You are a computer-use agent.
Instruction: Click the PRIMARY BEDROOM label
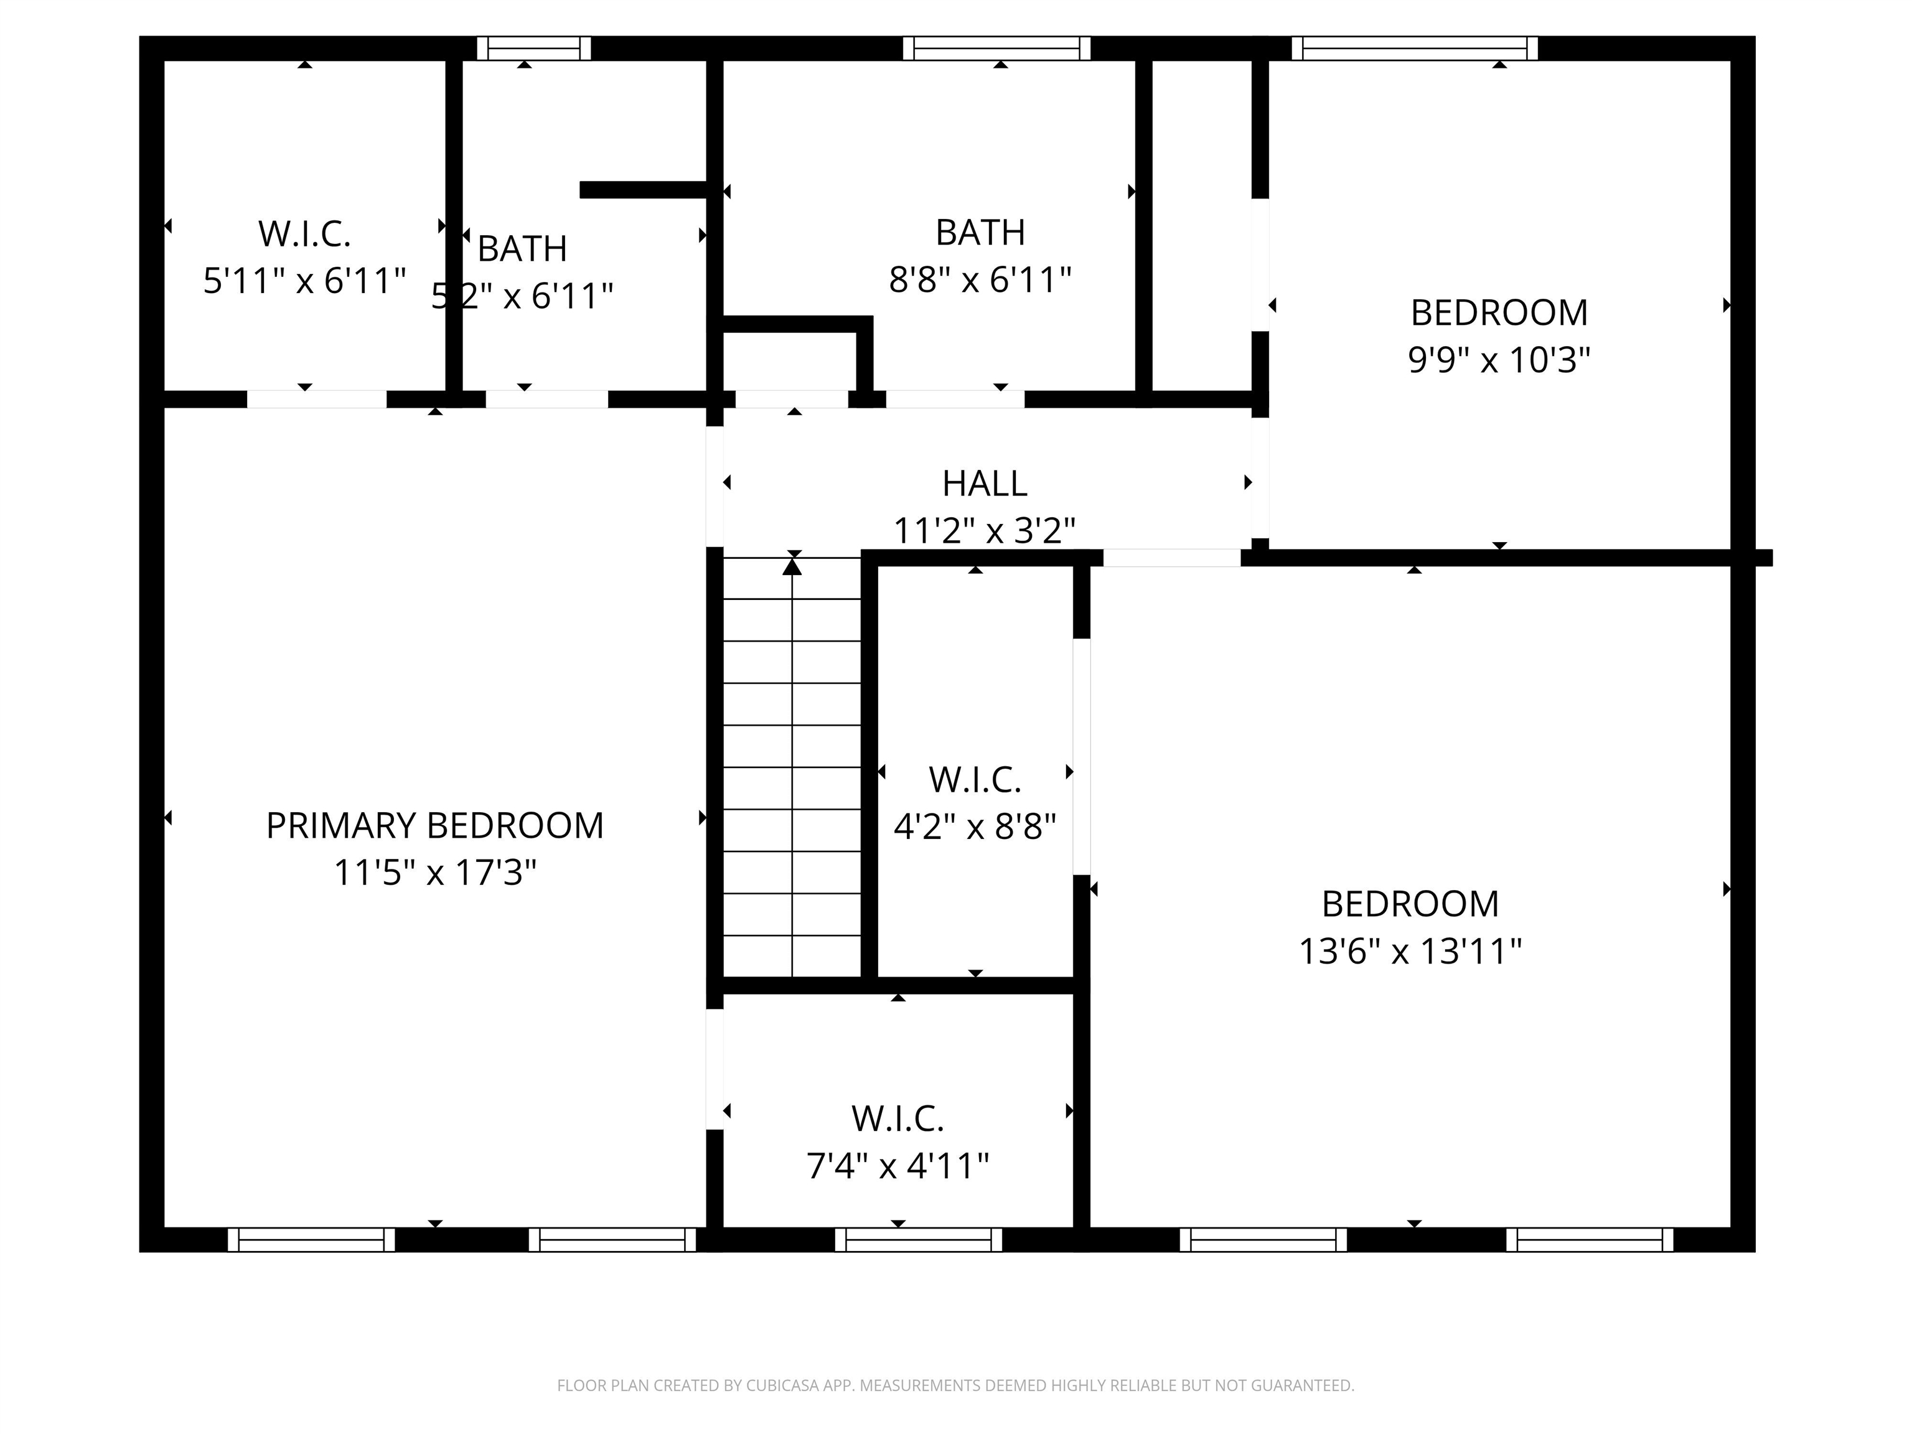(435, 825)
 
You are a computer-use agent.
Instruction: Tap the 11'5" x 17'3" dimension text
(435, 873)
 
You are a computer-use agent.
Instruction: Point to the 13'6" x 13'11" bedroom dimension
(1410, 952)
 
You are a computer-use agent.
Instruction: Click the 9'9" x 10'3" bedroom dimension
(1499, 360)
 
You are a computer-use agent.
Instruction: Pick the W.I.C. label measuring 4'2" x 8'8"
(975, 780)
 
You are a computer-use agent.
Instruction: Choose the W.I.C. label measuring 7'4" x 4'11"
(897, 1118)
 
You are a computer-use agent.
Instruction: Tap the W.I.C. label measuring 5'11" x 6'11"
(304, 233)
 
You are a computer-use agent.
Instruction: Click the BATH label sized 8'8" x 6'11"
(980, 233)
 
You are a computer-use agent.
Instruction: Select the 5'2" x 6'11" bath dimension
(523, 296)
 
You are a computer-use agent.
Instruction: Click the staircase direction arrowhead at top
(792, 567)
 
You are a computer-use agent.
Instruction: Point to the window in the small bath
(533, 49)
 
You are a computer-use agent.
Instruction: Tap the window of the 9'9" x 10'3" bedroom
(1414, 49)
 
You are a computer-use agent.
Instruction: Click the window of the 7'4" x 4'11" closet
(918, 1240)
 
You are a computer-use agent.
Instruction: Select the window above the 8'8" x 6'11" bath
(996, 49)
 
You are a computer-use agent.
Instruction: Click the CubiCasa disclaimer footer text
(955, 1385)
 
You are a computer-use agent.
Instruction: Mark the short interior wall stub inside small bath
(644, 190)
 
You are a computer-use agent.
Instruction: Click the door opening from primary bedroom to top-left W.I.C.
(316, 400)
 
